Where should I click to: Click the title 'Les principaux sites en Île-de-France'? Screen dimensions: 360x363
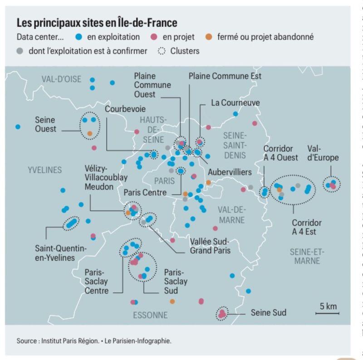[x=97, y=23]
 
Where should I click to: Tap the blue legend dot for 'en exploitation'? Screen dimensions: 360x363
[x=79, y=37]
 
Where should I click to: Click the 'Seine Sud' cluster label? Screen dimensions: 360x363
[x=269, y=313]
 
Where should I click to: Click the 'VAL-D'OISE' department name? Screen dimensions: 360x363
[x=61, y=80]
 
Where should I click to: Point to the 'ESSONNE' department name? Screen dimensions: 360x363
[x=150, y=315]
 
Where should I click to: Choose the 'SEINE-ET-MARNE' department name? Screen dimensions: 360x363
[x=307, y=256]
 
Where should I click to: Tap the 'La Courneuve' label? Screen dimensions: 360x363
[x=235, y=103]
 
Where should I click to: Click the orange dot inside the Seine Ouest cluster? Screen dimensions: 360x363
[x=90, y=133]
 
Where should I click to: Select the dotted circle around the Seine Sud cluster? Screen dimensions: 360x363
[x=222, y=312]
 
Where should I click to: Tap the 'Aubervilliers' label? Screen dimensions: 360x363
[x=230, y=173]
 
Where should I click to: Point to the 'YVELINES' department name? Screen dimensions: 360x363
[x=44, y=170]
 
